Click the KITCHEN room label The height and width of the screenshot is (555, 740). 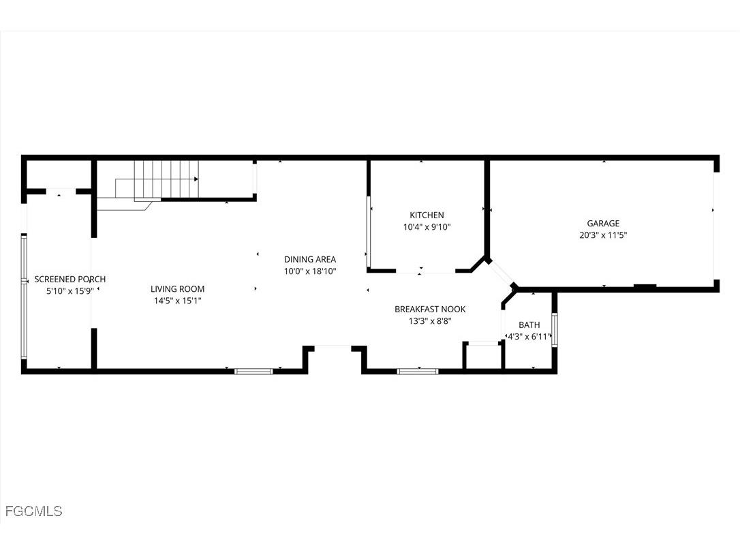point(427,215)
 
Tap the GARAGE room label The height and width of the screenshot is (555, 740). point(603,224)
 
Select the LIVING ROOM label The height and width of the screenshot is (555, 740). point(177,289)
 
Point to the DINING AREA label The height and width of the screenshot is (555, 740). point(310,259)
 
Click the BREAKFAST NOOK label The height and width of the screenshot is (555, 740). point(430,310)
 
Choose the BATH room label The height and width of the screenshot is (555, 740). point(529,325)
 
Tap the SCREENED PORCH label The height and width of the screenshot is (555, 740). point(70,280)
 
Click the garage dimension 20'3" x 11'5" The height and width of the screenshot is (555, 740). point(603,235)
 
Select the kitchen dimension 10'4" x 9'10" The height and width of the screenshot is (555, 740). point(427,227)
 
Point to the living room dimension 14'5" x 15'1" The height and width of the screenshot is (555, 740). point(177,301)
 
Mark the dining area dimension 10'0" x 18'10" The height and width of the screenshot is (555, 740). point(310,271)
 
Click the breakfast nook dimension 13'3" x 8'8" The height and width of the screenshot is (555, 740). point(430,321)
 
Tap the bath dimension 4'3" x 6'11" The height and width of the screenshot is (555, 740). point(529,336)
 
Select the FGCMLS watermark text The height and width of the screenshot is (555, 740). point(33,511)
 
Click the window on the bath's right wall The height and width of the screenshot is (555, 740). point(555,330)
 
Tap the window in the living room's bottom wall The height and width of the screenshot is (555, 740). point(253,371)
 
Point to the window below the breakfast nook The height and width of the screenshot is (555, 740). point(417,371)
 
